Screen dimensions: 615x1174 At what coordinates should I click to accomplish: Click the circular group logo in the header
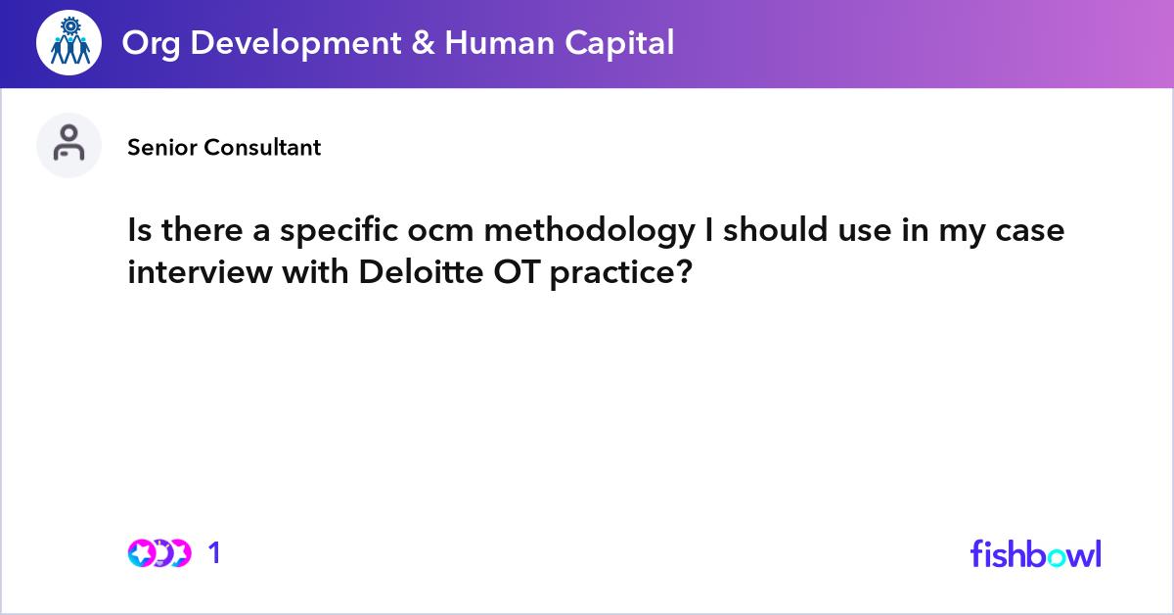click(68, 43)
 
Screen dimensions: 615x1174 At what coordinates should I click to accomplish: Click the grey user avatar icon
click(68, 145)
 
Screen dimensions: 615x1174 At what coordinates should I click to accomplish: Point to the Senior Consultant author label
click(224, 148)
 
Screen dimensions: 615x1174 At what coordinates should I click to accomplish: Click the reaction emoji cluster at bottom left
click(159, 553)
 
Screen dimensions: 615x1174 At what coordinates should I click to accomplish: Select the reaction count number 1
click(215, 553)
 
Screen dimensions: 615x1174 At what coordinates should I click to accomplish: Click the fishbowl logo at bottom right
click(1035, 553)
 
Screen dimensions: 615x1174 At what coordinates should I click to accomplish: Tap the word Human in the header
click(493, 42)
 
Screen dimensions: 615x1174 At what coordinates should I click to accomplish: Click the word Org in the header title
click(146, 42)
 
